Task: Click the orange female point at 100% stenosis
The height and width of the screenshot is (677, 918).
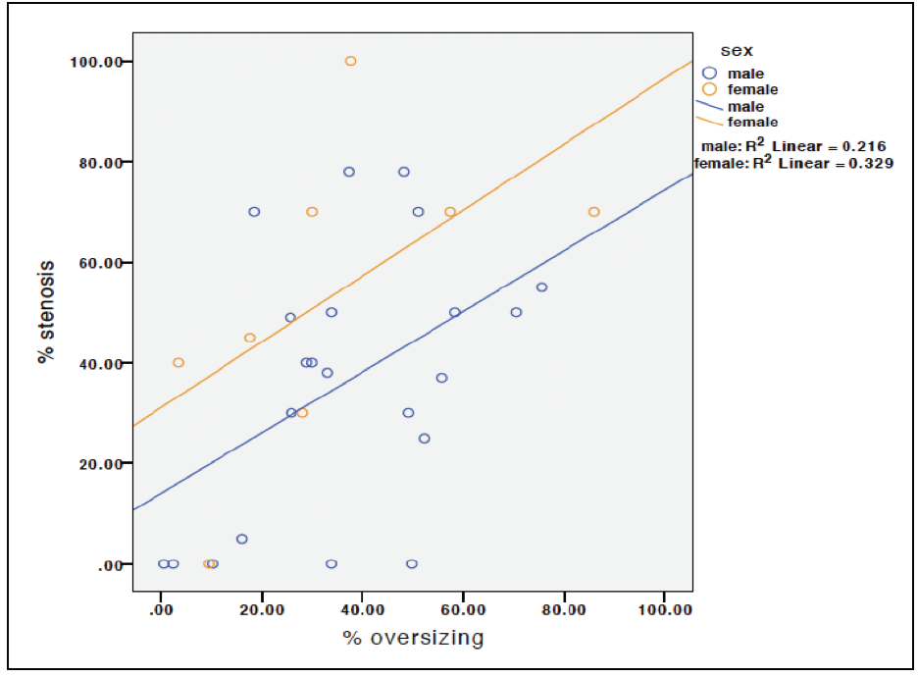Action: pyautogui.click(x=350, y=61)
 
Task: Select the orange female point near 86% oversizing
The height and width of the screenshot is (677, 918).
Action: pyautogui.click(x=593, y=212)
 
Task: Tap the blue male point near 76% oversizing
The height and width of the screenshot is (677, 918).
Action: pyautogui.click(x=541, y=287)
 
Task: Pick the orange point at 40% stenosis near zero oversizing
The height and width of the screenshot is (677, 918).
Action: pyautogui.click(x=178, y=362)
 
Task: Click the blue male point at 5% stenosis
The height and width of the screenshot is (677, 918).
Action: pyautogui.click(x=241, y=539)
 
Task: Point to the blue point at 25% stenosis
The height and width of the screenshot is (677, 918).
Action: pyautogui.click(x=424, y=439)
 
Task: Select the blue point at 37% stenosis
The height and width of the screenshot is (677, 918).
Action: pyautogui.click(x=441, y=378)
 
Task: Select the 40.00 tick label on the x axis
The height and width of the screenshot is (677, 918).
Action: pyautogui.click(x=362, y=609)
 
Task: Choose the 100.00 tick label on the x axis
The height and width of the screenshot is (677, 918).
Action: pyautogui.click(x=664, y=609)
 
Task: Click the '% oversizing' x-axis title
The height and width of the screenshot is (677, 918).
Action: pyautogui.click(x=413, y=639)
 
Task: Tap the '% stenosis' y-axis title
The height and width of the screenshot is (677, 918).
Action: pyautogui.click(x=45, y=312)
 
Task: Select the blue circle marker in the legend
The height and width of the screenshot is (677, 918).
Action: pyautogui.click(x=710, y=73)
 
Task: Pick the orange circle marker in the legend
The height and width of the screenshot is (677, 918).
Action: pyautogui.click(x=710, y=89)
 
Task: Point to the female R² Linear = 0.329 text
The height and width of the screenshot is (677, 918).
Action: pyautogui.click(x=792, y=163)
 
